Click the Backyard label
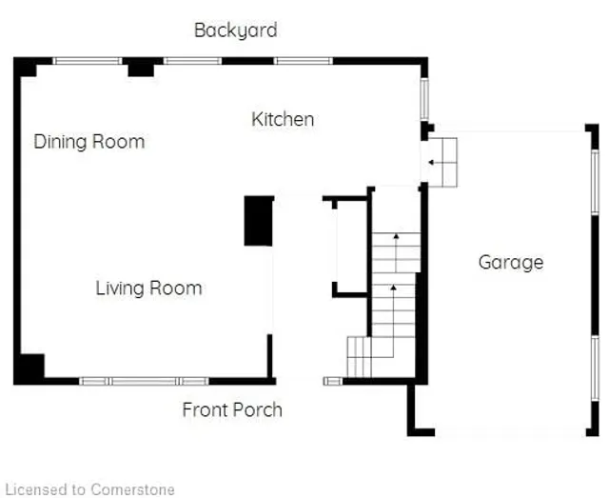point(235,30)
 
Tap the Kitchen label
point(283,119)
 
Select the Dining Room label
point(89,142)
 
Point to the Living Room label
point(148,288)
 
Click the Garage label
point(511,262)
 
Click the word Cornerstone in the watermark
point(133,489)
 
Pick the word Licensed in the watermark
point(36,489)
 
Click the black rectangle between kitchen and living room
point(258,221)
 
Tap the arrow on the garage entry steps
point(433,162)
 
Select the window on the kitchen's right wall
point(425,98)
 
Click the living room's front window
point(143,381)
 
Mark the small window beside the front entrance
point(332,381)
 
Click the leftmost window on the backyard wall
point(87,61)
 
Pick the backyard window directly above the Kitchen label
point(304,61)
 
